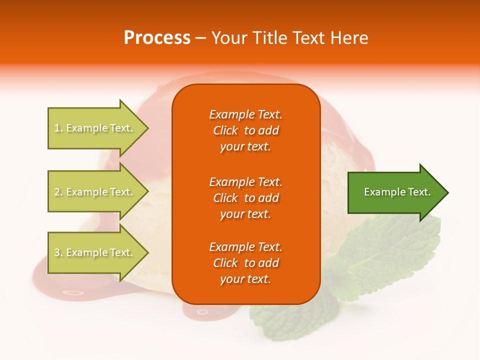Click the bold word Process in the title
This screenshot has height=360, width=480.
157,37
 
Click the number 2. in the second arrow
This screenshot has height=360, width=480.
58,192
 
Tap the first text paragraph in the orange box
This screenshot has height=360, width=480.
245,130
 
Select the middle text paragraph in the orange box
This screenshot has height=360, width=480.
245,198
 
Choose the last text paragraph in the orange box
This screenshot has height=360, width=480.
245,263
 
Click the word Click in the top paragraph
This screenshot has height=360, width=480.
225,130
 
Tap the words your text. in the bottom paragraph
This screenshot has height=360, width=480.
245,279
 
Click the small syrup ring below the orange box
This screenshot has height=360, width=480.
202,311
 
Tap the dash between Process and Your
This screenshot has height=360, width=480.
200,37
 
